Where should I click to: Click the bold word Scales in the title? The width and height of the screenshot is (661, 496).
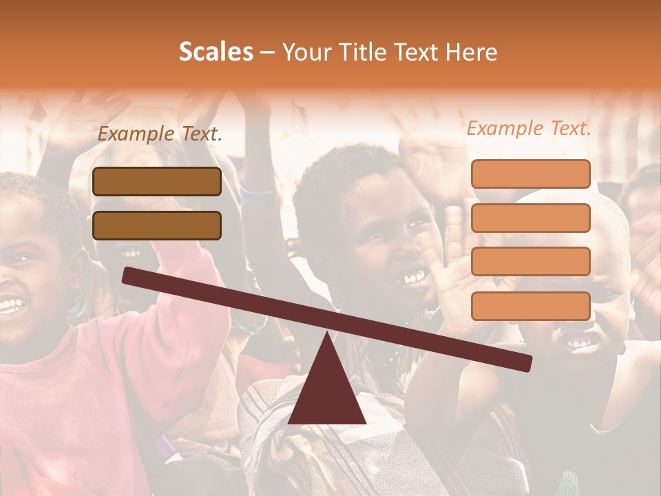coord(216,52)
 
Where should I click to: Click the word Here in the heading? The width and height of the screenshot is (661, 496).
coord(471,52)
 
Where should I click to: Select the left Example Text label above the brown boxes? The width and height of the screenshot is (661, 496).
coord(160,134)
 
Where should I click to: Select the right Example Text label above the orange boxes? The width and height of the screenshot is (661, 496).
coord(529,128)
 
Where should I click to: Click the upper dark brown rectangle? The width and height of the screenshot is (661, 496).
coord(157,181)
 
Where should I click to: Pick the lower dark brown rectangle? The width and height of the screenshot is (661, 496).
coord(157,225)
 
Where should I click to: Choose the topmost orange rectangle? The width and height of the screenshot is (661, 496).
coord(530,174)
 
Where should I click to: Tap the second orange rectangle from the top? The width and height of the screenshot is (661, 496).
coord(530,218)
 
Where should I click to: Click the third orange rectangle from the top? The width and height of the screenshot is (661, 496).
coord(530,261)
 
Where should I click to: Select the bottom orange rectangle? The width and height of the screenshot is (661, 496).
coord(530,306)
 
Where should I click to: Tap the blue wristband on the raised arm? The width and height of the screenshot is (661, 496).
coord(256,192)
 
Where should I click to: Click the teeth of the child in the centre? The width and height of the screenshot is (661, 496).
coord(414,277)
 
